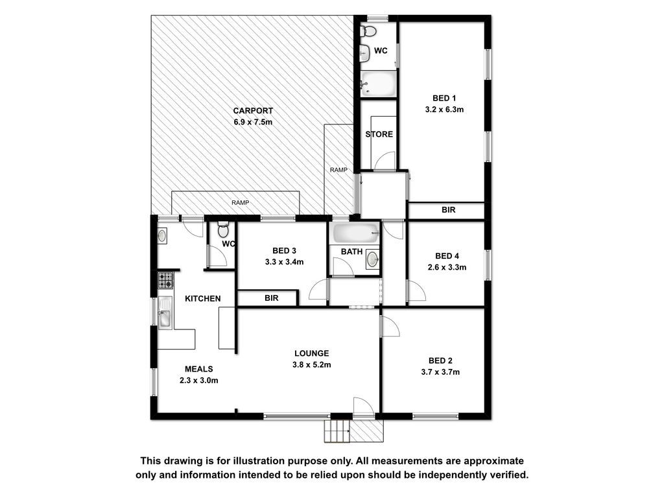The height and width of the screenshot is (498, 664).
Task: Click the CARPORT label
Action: tap(253, 110)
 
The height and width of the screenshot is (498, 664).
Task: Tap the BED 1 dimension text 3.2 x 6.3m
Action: tap(444, 109)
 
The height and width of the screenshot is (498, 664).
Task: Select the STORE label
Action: tap(379, 134)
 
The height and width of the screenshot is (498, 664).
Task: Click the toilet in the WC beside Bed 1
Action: tap(368, 31)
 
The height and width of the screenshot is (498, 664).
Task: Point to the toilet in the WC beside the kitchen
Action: tap(223, 230)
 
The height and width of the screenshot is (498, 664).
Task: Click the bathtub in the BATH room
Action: tap(355, 233)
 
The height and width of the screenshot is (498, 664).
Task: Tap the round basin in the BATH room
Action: tap(372, 259)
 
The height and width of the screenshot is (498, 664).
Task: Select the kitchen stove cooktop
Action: tap(165, 280)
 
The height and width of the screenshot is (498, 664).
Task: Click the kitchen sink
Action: tap(165, 316)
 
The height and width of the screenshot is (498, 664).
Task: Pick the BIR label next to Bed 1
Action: tap(449, 209)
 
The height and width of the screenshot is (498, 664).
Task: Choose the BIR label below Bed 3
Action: tap(272, 298)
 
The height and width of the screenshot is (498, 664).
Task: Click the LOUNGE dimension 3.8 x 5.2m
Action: tap(312, 364)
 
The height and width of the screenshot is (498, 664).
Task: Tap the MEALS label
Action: tap(198, 369)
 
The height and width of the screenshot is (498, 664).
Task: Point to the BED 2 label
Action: tap(440, 361)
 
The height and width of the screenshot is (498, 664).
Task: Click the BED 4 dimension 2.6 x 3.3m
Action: tap(447, 267)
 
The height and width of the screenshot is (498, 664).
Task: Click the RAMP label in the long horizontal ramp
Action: tap(240, 203)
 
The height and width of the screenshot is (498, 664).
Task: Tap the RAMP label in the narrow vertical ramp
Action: tap(338, 170)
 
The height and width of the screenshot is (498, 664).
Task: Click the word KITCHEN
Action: tap(203, 298)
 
